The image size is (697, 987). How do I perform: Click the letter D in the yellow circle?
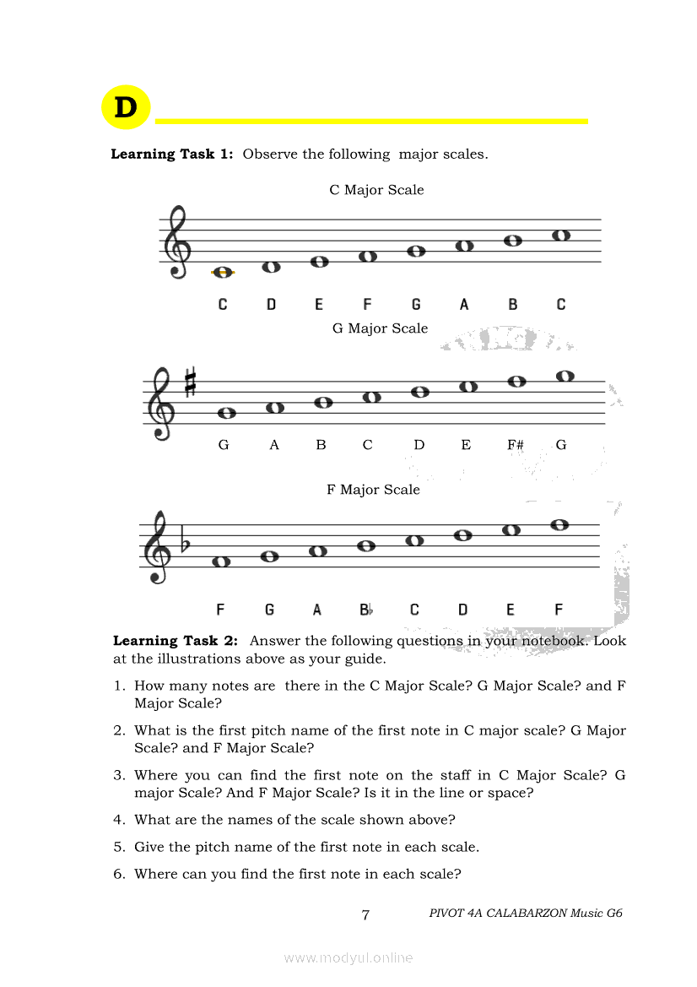click(x=125, y=108)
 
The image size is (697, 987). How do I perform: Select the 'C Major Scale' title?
click(x=376, y=190)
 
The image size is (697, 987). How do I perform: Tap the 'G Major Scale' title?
click(x=380, y=328)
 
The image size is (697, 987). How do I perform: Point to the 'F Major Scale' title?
click(x=373, y=490)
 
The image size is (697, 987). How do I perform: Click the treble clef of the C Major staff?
click(x=177, y=243)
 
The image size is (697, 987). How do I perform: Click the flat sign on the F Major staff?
click(x=186, y=545)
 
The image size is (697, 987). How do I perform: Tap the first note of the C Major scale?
click(x=223, y=272)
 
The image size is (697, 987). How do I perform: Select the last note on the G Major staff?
click(x=565, y=377)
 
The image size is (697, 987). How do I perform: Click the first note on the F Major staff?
click(x=221, y=561)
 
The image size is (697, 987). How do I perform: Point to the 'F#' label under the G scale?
click(x=515, y=445)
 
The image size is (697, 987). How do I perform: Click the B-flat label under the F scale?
click(x=366, y=610)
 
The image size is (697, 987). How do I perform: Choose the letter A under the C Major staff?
click(x=464, y=305)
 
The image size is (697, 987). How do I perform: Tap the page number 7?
click(x=365, y=914)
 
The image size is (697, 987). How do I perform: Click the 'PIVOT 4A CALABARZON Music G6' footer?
click(x=525, y=913)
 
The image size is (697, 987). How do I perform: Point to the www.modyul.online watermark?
click(x=348, y=957)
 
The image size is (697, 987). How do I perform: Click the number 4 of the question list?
click(x=119, y=820)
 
